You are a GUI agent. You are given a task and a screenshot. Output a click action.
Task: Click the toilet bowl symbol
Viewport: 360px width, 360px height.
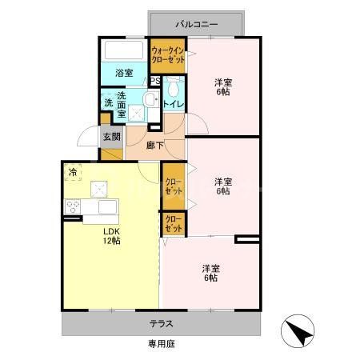point(174,85)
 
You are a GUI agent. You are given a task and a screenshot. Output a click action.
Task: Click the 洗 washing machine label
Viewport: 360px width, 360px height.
point(107,102)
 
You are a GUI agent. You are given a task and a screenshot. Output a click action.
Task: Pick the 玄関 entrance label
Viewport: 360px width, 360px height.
point(110,136)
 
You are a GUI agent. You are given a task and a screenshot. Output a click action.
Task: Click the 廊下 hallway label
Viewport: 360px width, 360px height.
point(155,146)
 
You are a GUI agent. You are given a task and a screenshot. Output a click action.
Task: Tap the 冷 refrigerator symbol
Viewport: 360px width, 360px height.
point(73,171)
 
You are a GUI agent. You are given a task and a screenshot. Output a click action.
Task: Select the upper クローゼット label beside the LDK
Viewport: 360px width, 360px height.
point(172,184)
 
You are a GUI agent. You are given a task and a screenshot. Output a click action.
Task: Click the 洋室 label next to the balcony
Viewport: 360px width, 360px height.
point(222,86)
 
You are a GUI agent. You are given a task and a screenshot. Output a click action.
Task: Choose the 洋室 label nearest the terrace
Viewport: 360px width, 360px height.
point(210,273)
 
